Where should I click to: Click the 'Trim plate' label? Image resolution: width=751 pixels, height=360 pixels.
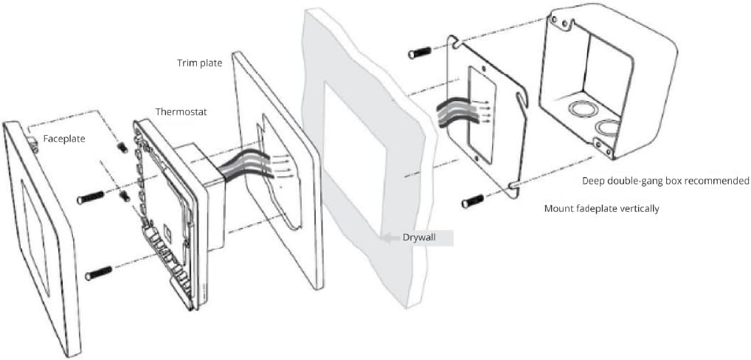coord(200,63)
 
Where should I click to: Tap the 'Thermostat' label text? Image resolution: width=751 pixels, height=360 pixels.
coord(181,112)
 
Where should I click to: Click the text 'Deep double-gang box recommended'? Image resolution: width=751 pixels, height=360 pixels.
coord(665,181)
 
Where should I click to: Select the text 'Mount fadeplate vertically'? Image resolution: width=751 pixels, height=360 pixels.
coord(602,209)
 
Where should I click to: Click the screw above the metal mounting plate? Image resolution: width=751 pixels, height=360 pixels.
coord(420,52)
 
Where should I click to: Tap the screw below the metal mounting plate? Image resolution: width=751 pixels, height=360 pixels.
coord(473,201)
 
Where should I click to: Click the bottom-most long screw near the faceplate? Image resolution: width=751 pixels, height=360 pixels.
coord(97,274)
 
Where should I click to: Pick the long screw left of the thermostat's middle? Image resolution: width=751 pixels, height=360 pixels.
coord(90,197)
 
